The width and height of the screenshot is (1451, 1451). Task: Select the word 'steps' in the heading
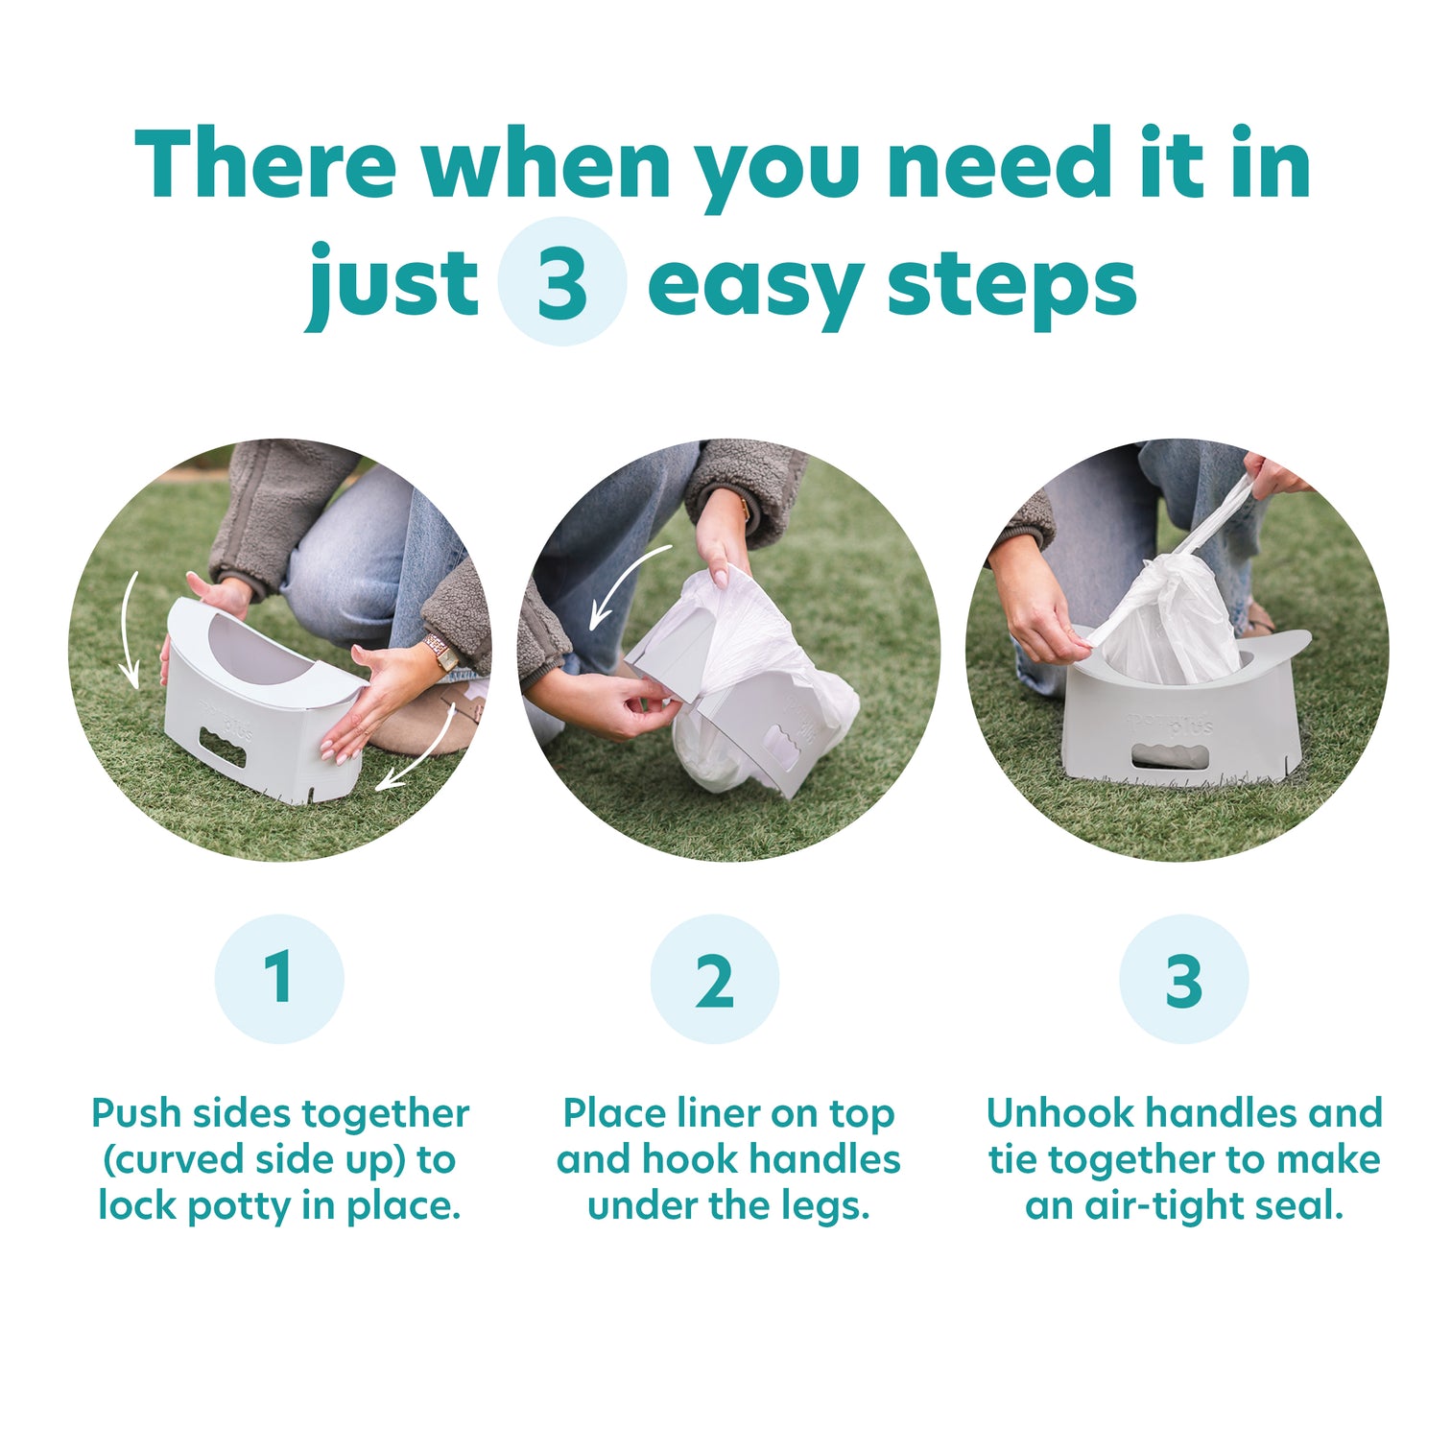point(1011,285)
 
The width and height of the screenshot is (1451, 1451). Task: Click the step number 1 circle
point(279,979)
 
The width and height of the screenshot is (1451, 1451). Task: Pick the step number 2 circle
point(715,979)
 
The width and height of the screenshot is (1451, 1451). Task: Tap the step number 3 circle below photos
point(1183,979)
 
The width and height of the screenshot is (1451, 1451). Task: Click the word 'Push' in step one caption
point(135,1114)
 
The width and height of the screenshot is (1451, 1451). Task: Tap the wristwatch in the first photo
point(442,653)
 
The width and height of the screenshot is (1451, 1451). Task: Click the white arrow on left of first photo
point(129,629)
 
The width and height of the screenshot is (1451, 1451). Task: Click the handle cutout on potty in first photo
point(223,748)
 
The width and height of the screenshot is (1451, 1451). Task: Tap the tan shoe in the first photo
point(422,725)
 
